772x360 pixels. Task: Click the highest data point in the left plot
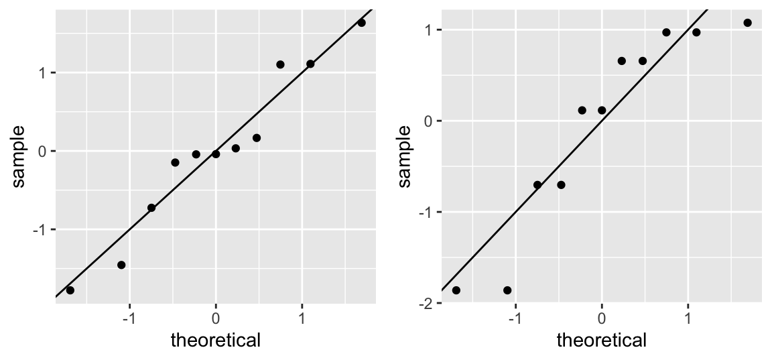[361, 23]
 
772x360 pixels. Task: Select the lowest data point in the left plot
[70, 290]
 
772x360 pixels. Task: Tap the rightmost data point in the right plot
[747, 23]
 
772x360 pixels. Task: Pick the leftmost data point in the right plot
[456, 290]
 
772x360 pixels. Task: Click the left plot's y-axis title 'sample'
[19, 156]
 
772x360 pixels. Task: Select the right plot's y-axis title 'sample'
[405, 156]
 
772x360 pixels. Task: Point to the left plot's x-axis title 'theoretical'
[216, 341]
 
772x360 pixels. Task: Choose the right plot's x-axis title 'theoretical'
[602, 341]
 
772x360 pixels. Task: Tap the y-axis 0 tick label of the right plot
[430, 121]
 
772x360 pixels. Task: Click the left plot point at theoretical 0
[216, 154]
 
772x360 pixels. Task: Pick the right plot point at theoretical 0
[602, 111]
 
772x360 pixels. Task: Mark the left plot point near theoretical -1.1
[121, 265]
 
